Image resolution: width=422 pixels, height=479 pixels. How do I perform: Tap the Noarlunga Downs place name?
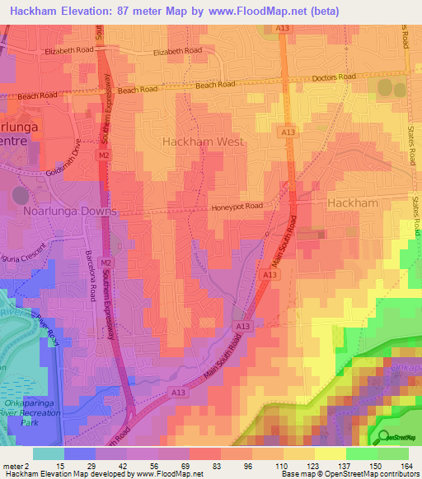click(72, 211)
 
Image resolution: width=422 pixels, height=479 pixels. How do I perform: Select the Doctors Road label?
click(334, 77)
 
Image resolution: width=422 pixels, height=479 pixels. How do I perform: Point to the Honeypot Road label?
click(236, 207)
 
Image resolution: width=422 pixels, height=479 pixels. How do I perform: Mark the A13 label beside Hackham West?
click(287, 133)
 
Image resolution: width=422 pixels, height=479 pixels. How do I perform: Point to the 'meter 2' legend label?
click(17, 466)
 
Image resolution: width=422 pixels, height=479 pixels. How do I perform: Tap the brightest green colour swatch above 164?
click(393, 453)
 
